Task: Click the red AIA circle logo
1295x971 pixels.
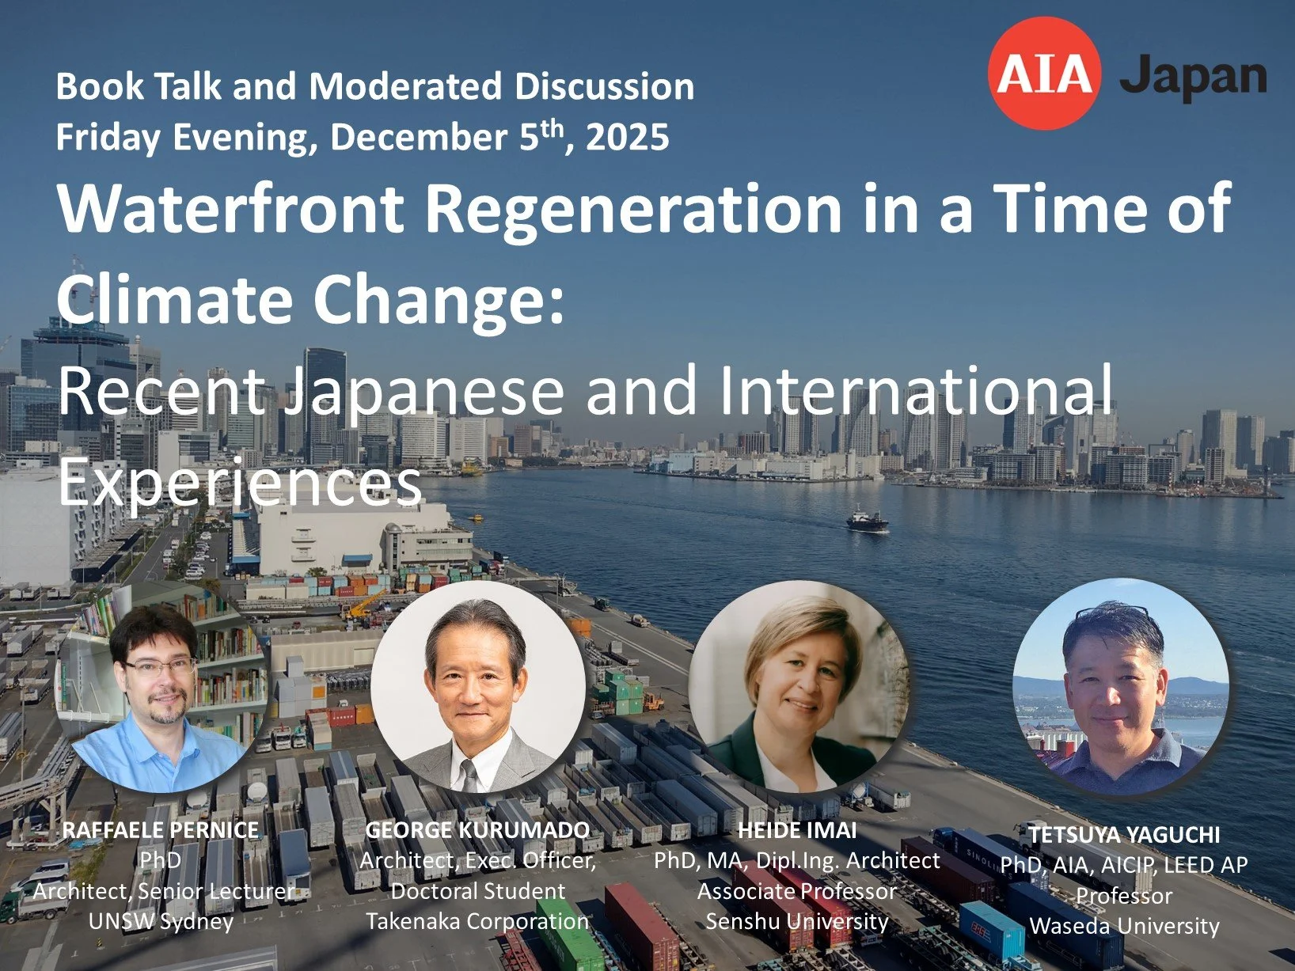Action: (x=1044, y=73)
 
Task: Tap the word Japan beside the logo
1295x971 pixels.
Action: (x=1193, y=78)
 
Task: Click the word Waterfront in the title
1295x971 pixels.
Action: (x=230, y=208)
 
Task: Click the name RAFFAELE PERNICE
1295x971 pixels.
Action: (x=161, y=829)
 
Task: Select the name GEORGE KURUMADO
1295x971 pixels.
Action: (x=477, y=829)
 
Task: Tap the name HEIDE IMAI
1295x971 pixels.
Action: (x=797, y=829)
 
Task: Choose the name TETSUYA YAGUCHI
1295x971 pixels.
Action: (x=1124, y=834)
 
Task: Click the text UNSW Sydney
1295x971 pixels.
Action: (x=161, y=921)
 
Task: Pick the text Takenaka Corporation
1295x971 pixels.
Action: (x=477, y=921)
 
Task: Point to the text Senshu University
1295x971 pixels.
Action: (x=797, y=921)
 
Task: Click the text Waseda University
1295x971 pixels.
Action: (x=1124, y=926)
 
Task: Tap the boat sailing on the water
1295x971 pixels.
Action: (x=868, y=520)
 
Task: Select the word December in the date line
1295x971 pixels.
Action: (x=418, y=136)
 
